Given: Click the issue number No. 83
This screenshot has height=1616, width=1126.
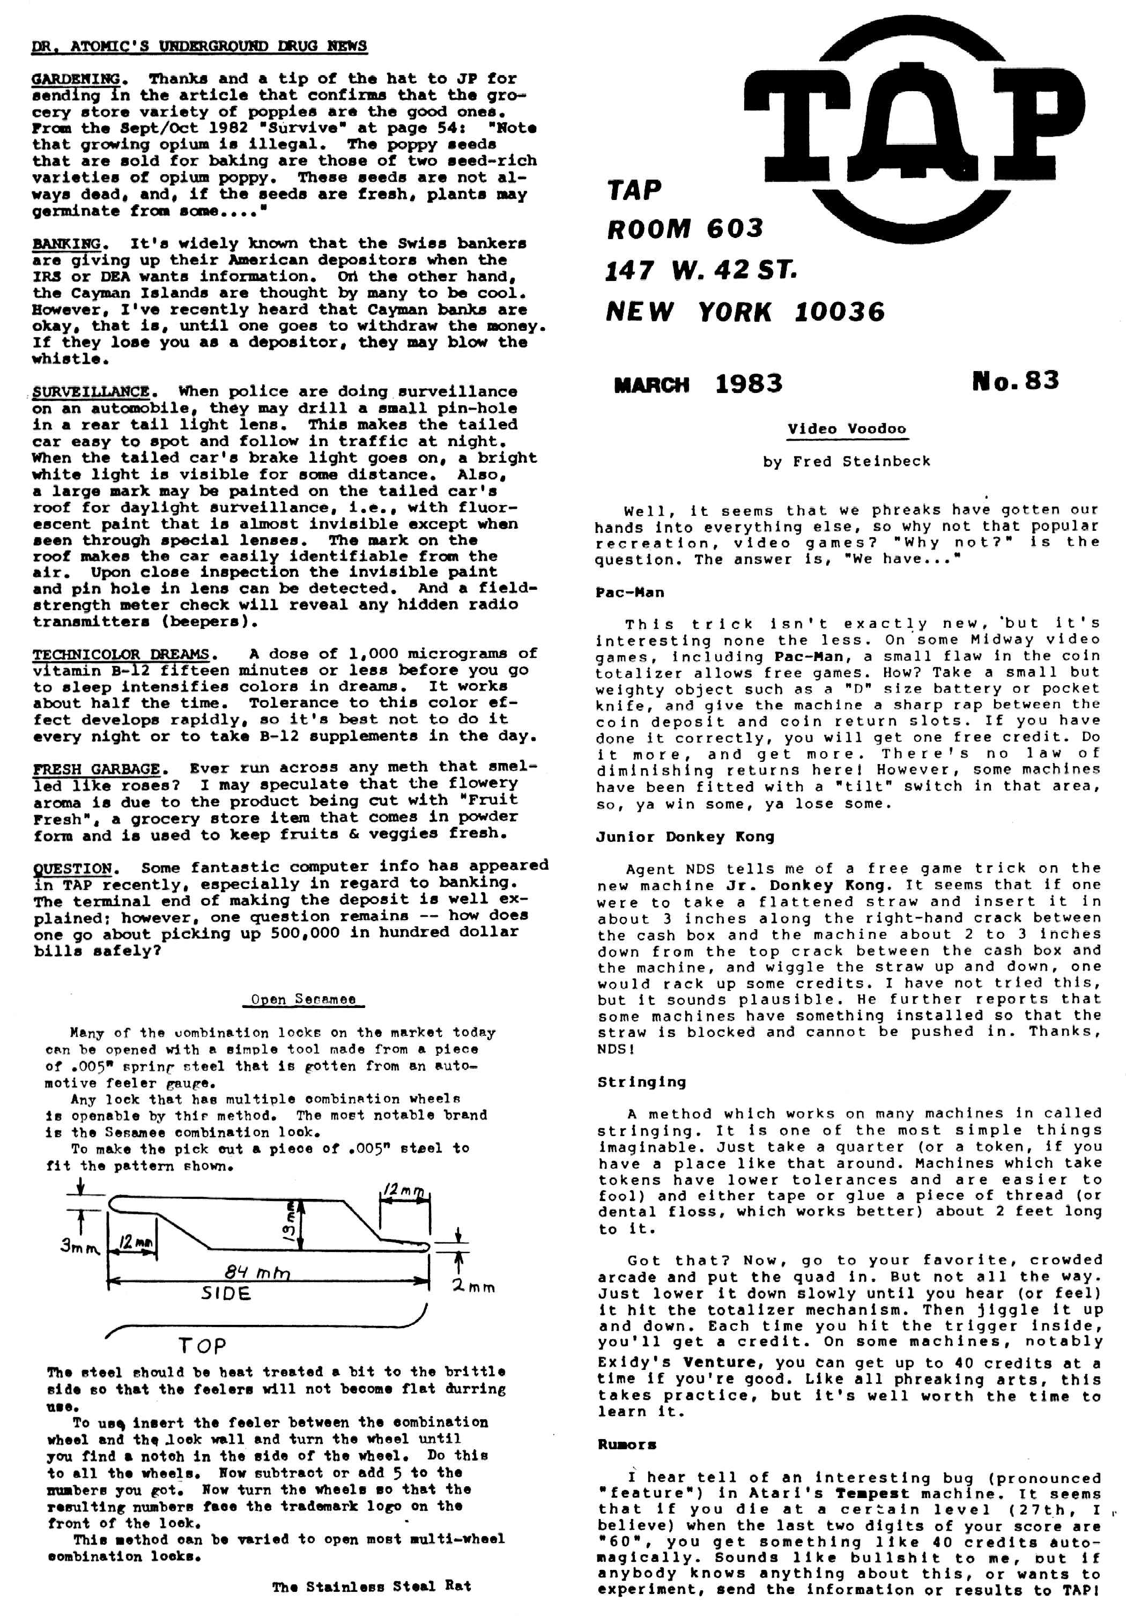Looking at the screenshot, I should [1015, 381].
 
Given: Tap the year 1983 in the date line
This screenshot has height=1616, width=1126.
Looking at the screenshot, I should [749, 383].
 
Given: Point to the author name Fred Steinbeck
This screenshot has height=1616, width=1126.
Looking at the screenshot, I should [861, 462].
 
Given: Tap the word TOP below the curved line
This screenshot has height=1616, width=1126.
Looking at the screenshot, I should [202, 1346].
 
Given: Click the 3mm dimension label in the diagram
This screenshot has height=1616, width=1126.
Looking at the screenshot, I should [79, 1247].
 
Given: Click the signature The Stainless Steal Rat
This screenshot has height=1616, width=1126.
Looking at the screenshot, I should [372, 1586].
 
